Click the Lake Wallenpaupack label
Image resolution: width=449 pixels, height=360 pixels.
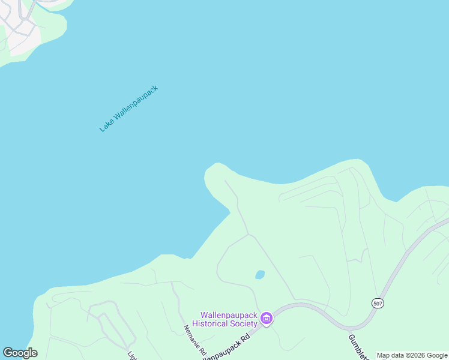[x=128, y=109]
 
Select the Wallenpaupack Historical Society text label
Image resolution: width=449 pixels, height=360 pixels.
[x=229, y=319]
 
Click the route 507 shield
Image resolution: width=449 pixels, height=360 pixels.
[x=378, y=303]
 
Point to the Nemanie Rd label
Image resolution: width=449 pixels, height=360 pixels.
[x=194, y=340]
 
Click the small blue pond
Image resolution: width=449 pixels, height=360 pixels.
[x=260, y=275]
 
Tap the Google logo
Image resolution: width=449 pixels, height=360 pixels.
[x=20, y=353]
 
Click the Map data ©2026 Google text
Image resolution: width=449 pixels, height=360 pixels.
[x=412, y=355]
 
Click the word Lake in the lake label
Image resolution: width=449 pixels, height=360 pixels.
[x=106, y=125]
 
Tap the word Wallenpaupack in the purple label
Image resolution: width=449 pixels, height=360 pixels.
[x=229, y=315]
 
